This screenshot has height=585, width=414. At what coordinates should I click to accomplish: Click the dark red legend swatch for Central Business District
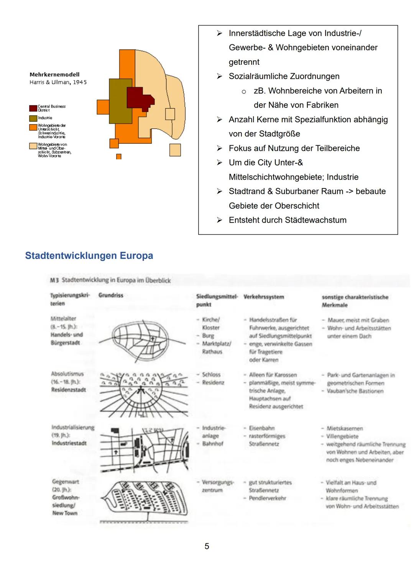pyautogui.click(x=33, y=108)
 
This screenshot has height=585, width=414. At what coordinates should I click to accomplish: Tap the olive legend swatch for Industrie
pyautogui.click(x=33, y=118)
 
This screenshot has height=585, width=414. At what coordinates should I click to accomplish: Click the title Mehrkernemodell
pyautogui.click(x=54, y=75)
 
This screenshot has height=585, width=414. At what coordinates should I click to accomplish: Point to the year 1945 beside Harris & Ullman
pyautogui.click(x=80, y=82)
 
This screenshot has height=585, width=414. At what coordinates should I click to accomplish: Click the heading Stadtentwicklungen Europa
pyautogui.click(x=89, y=256)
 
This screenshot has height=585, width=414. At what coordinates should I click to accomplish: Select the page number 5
pyautogui.click(x=207, y=546)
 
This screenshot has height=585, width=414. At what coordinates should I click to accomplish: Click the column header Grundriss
pyautogui.click(x=111, y=295)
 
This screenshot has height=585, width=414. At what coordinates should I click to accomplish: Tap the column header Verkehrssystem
pyautogui.click(x=264, y=297)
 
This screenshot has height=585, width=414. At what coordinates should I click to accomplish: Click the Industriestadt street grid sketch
pyautogui.click(x=145, y=449)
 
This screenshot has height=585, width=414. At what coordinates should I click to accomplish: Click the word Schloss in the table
pyautogui.click(x=211, y=375)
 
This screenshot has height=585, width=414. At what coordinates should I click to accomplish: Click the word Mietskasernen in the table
pyautogui.click(x=345, y=428)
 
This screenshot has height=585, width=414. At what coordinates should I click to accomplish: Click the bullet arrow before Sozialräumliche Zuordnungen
pyautogui.click(x=219, y=76)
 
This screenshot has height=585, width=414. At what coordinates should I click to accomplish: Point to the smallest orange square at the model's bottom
pyautogui.click(x=119, y=157)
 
